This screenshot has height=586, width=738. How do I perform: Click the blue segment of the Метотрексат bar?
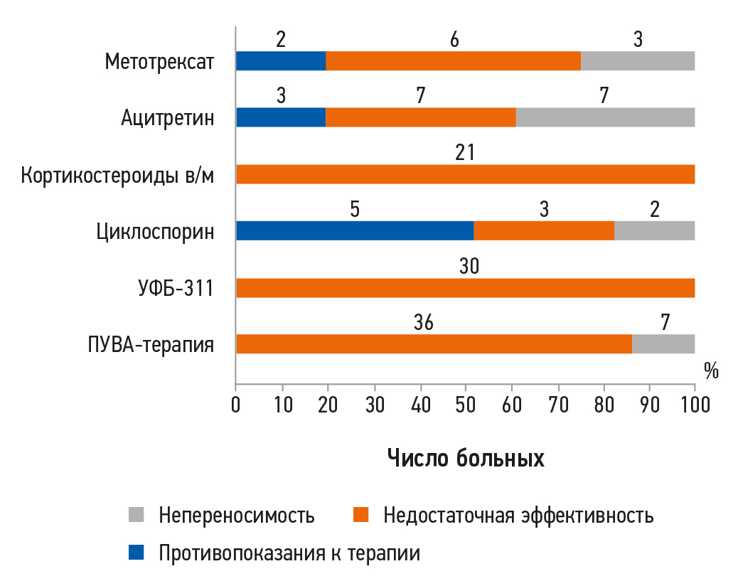pyautogui.click(x=281, y=61)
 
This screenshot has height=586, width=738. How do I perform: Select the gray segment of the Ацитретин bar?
pyautogui.click(x=605, y=117)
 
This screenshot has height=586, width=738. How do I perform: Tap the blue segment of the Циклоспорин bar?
pyautogui.click(x=355, y=231)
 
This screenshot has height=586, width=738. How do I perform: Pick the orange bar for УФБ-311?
pyautogui.click(x=465, y=288)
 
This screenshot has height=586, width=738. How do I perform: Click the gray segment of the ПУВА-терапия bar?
pyautogui.click(x=663, y=344)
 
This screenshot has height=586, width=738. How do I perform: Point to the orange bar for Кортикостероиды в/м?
pyautogui.click(x=465, y=174)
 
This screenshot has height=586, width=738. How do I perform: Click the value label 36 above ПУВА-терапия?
pyautogui.click(x=423, y=322)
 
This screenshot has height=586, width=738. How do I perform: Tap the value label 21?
pyautogui.click(x=465, y=152)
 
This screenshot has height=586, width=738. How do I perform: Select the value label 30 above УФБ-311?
pyautogui.click(x=469, y=266)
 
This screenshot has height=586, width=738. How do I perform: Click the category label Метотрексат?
pyautogui.click(x=159, y=62)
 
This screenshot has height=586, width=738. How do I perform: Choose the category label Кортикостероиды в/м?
pyautogui.click(x=117, y=175)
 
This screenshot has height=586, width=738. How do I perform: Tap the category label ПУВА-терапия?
pyautogui.click(x=151, y=345)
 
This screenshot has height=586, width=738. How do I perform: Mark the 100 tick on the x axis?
pyautogui.click(x=695, y=405)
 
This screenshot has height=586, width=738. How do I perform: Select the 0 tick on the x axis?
pyautogui.click(x=236, y=405)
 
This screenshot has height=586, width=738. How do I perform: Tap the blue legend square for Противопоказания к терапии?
pyautogui.click(x=136, y=553)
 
